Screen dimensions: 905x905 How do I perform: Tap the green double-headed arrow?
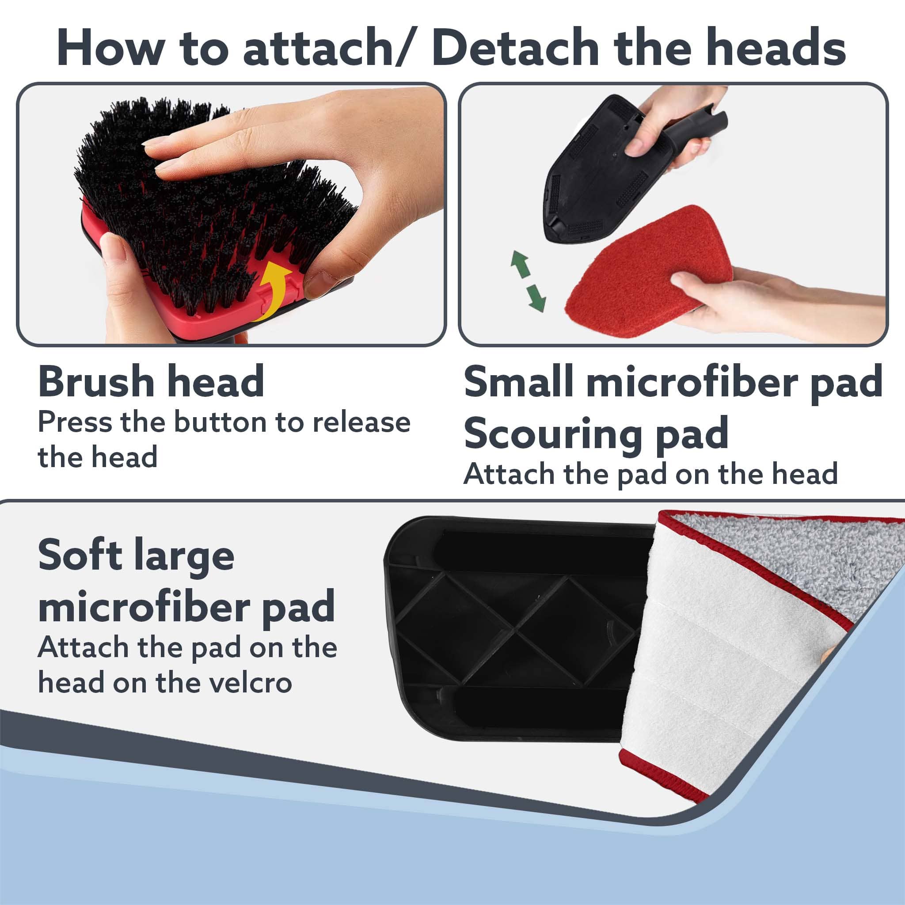(529, 281)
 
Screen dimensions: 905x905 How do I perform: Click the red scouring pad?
(649, 272)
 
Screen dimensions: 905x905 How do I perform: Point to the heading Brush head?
(151, 382)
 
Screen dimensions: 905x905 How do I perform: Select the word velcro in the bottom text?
(250, 683)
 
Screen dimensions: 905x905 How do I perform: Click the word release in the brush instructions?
(361, 422)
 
